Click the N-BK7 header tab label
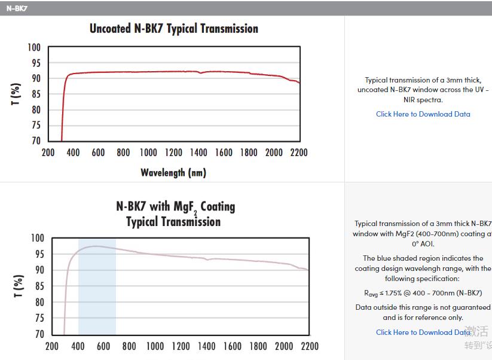click(17, 8)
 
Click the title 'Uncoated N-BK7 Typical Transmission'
click(173, 29)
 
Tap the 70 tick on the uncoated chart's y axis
click(36, 141)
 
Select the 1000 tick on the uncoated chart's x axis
click(148, 152)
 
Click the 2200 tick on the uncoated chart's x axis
click(299, 152)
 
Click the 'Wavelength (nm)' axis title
click(173, 173)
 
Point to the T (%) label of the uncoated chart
click(16, 94)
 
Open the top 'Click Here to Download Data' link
click(423, 114)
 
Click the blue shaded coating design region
click(97, 287)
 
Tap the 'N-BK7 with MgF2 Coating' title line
click(175, 207)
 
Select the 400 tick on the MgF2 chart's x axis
click(78, 346)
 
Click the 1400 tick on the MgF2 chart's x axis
click(207, 346)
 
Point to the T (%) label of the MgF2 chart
click(19, 286)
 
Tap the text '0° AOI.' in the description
click(423, 244)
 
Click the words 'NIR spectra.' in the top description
click(423, 100)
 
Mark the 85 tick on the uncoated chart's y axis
click(36, 94)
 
